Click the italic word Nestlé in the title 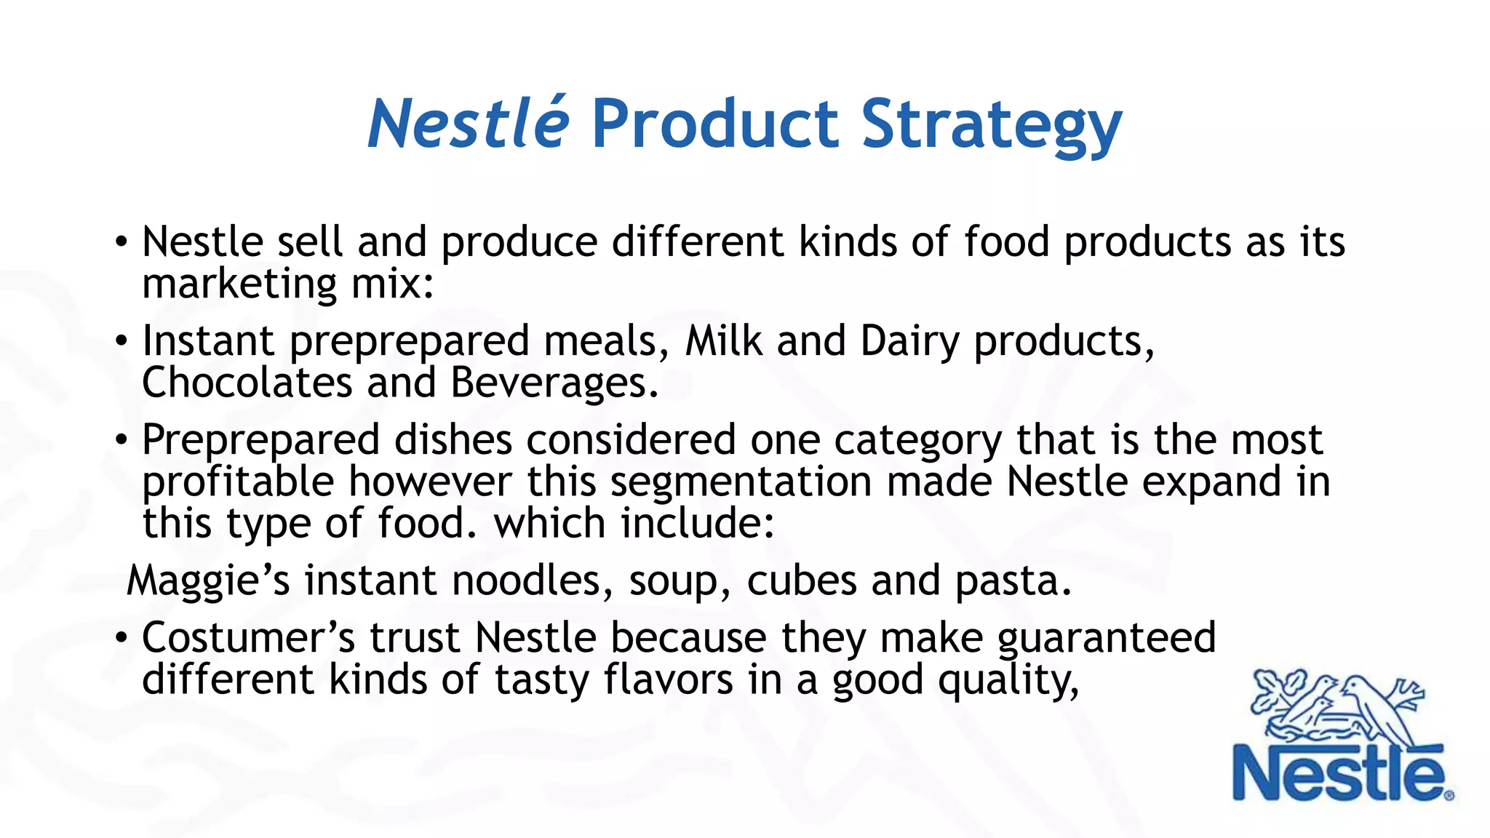tap(468, 124)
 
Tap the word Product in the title tap(715, 124)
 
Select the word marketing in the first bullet tap(239, 284)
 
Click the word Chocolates tap(247, 383)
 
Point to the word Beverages tap(554, 384)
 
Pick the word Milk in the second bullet tap(723, 340)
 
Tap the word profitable tap(238, 482)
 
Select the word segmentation tap(741, 482)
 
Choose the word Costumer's tap(248, 638)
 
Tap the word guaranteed tap(1106, 639)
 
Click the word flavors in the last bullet tap(668, 680)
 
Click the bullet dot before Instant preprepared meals tap(121, 340)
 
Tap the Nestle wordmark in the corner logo tap(1339, 773)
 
